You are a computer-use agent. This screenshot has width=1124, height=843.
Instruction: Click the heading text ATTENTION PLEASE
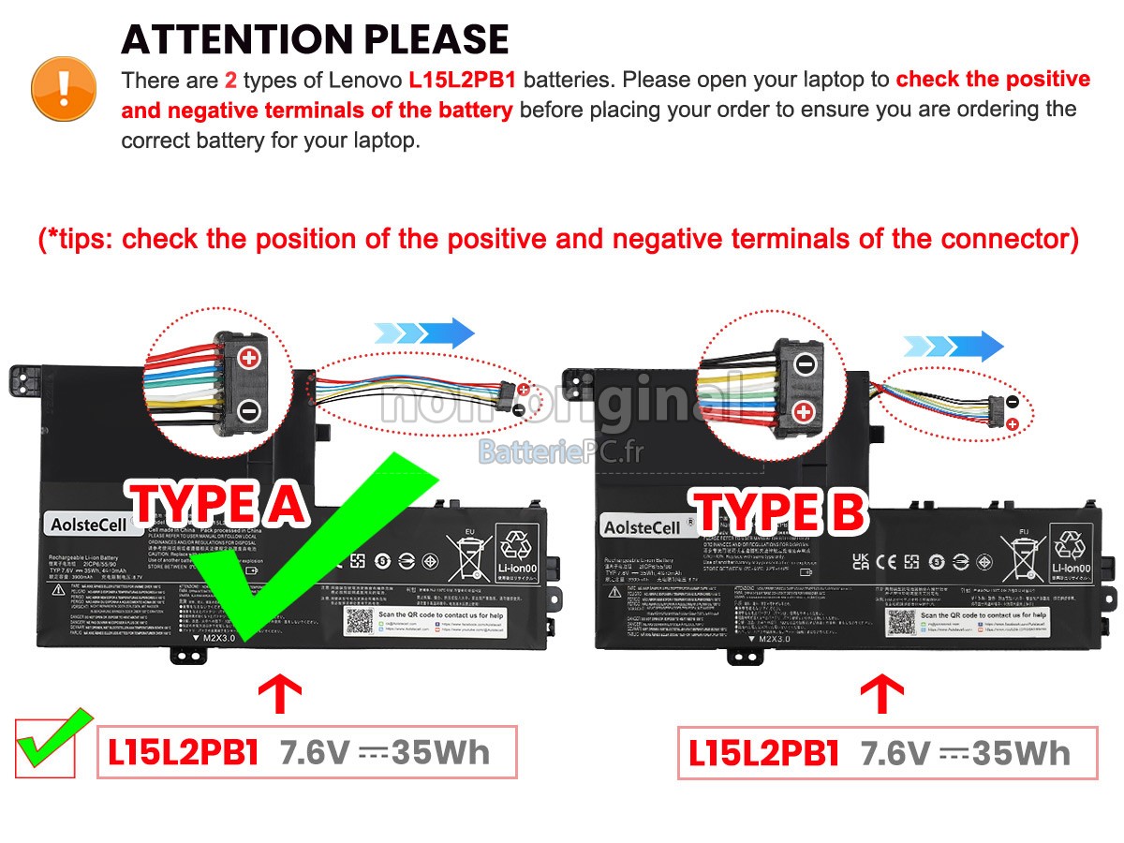coord(315,39)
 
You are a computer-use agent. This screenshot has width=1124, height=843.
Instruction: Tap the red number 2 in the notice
coord(230,80)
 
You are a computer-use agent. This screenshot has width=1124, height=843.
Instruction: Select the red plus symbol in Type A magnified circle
coord(249,358)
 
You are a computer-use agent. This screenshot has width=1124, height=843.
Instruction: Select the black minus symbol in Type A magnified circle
coord(249,409)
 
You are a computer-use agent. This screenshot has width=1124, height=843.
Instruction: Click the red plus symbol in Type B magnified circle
coord(805,411)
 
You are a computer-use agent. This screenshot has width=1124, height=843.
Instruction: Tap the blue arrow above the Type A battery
coord(424,333)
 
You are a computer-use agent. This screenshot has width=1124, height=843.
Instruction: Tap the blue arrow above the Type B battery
coord(953,346)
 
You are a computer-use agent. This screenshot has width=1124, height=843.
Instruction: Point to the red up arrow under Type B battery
coord(881,695)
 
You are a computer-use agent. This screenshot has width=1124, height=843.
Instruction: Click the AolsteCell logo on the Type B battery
coord(643,527)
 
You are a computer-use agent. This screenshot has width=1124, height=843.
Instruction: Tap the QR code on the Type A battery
coord(359,621)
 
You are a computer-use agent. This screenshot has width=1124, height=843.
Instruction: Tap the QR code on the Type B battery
coord(901,623)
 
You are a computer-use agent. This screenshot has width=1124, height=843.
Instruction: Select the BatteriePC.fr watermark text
coord(561,451)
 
